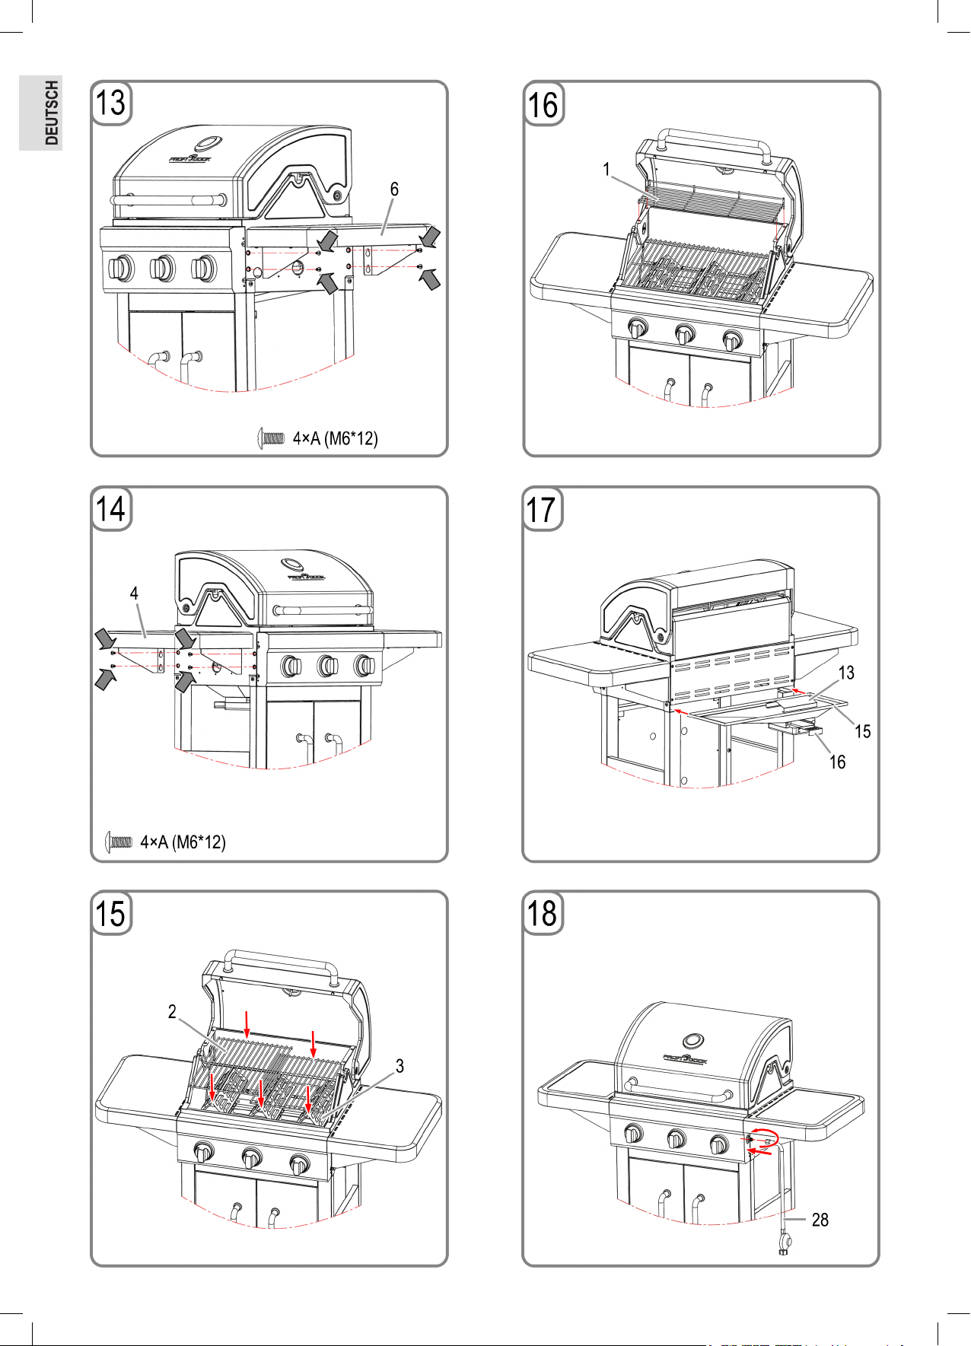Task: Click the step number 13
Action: tap(111, 103)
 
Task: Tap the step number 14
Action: tap(111, 509)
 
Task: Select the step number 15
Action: tap(111, 914)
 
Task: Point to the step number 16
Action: tap(543, 105)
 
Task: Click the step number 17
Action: tap(542, 509)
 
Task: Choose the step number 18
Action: tap(543, 914)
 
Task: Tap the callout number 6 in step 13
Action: tap(394, 189)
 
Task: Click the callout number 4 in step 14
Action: tap(134, 593)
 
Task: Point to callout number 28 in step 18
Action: tap(820, 1220)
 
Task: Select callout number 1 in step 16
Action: tap(606, 170)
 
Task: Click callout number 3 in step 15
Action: tap(400, 1066)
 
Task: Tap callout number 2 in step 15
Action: tap(172, 1012)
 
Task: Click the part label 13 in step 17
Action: tap(846, 673)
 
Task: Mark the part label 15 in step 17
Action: tap(862, 731)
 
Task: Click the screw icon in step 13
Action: tap(271, 438)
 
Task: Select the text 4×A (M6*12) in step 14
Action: tap(183, 842)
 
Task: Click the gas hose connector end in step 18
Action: tap(784, 1247)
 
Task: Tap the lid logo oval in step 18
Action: tap(693, 1041)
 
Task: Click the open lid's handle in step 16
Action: tap(713, 141)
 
